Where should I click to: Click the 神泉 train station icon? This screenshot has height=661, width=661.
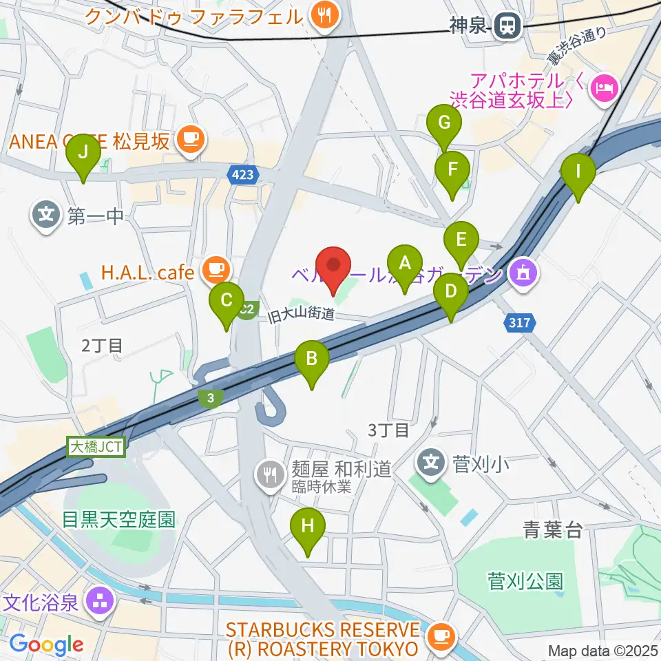(507, 27)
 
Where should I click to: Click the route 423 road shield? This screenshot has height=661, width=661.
(242, 176)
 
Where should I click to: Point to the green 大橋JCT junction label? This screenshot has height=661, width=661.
(96, 447)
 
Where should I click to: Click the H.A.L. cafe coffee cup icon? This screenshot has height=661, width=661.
(216, 269)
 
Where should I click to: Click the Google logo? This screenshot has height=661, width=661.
(47, 644)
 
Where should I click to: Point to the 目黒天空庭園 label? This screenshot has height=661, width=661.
(118, 518)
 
